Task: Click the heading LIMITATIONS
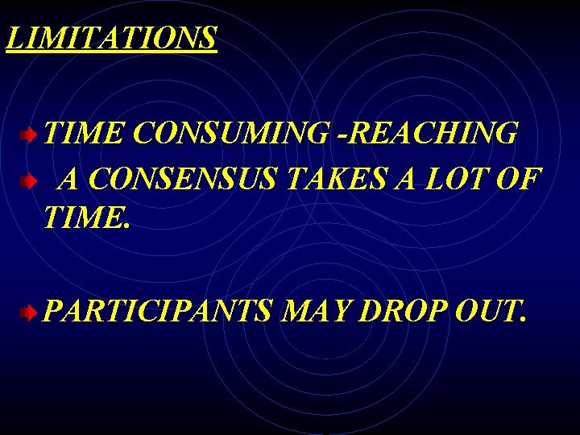(111, 38)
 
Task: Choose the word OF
(519, 178)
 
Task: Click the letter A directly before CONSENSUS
(69, 178)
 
